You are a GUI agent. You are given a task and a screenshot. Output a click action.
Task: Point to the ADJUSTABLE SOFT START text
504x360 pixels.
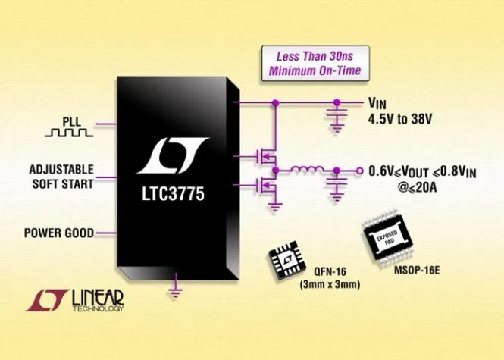pos(61,177)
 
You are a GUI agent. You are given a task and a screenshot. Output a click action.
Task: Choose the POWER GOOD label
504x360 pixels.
pos(58,233)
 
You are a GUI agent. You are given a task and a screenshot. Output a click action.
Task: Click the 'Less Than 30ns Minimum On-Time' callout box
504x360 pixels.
pos(313,64)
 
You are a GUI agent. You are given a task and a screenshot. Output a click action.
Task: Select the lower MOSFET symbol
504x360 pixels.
pos(265,183)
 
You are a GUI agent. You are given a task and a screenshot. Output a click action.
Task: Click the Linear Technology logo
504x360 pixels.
pos(76,298)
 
